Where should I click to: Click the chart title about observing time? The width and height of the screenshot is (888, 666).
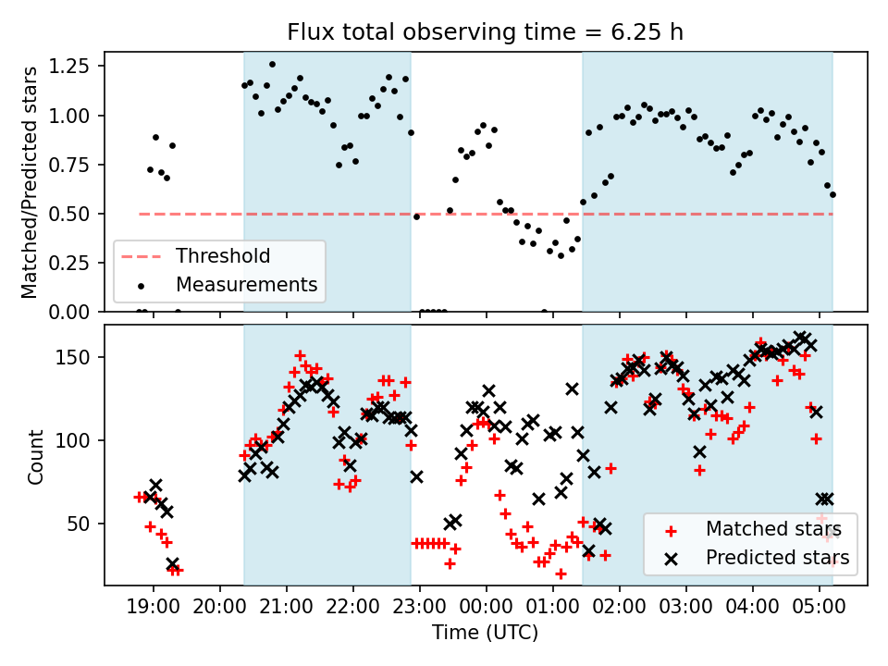[x=486, y=33]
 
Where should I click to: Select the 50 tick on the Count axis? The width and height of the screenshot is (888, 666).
[x=87, y=524]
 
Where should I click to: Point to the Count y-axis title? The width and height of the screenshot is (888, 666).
[x=36, y=456]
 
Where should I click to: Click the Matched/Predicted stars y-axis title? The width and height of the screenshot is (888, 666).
[x=31, y=182]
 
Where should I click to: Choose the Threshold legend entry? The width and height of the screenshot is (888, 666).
[x=223, y=256]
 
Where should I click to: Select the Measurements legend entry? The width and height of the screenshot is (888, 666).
[x=246, y=284]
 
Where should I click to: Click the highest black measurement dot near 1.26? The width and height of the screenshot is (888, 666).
[x=272, y=65]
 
